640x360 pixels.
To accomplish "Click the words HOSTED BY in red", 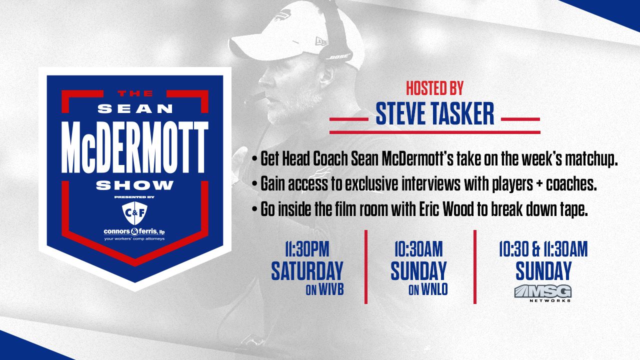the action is (x=434, y=88).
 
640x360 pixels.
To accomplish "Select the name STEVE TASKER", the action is (x=434, y=113).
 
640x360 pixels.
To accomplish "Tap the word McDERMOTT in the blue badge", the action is (x=135, y=147).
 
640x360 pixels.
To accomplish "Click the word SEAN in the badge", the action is (x=135, y=108).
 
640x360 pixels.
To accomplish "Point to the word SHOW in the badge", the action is (x=135, y=185).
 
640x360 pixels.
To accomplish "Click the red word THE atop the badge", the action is (x=135, y=93).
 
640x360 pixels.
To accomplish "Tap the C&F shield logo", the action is (x=134, y=213).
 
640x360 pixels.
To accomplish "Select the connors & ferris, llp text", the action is (x=134, y=231).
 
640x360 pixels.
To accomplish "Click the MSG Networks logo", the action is (x=543, y=293).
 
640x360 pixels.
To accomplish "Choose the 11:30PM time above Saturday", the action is (x=307, y=249).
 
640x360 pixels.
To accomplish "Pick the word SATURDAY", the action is (x=307, y=270).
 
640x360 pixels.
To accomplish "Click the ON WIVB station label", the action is (x=324, y=290).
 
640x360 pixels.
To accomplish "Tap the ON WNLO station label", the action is (x=428, y=290).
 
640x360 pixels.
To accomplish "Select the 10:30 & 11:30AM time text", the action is (x=543, y=249).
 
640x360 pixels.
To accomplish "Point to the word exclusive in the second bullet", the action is (x=371, y=183).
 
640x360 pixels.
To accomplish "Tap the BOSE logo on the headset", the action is (x=339, y=57).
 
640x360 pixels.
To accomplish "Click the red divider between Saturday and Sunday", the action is (x=366, y=267).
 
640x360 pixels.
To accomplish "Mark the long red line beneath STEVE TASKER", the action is (x=435, y=132).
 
